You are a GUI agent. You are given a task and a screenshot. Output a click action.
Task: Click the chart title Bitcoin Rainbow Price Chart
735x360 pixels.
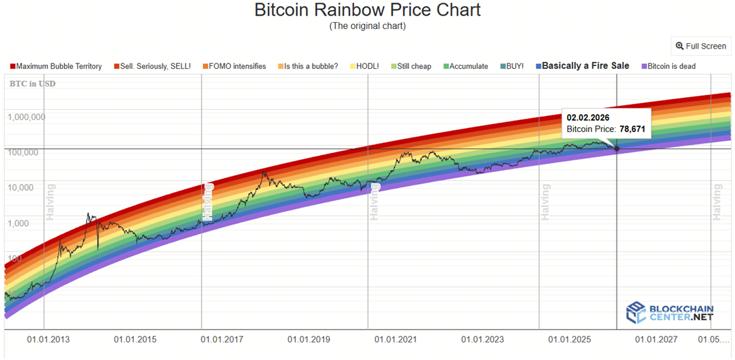tap(367, 10)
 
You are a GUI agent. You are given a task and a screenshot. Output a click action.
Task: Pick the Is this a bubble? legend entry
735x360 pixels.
tap(311, 66)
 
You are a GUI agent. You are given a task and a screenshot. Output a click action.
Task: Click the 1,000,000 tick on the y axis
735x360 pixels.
tap(26, 117)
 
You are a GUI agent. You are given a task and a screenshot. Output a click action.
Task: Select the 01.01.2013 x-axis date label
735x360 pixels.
tap(48, 339)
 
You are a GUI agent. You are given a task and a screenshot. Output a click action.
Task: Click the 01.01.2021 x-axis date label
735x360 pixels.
tap(396, 339)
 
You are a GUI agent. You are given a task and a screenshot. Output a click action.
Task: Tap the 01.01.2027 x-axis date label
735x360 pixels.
tap(656, 339)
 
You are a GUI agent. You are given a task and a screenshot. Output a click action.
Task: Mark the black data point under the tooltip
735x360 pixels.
tap(617, 148)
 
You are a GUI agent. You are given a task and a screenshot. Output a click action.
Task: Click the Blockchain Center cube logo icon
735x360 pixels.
tap(636, 311)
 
